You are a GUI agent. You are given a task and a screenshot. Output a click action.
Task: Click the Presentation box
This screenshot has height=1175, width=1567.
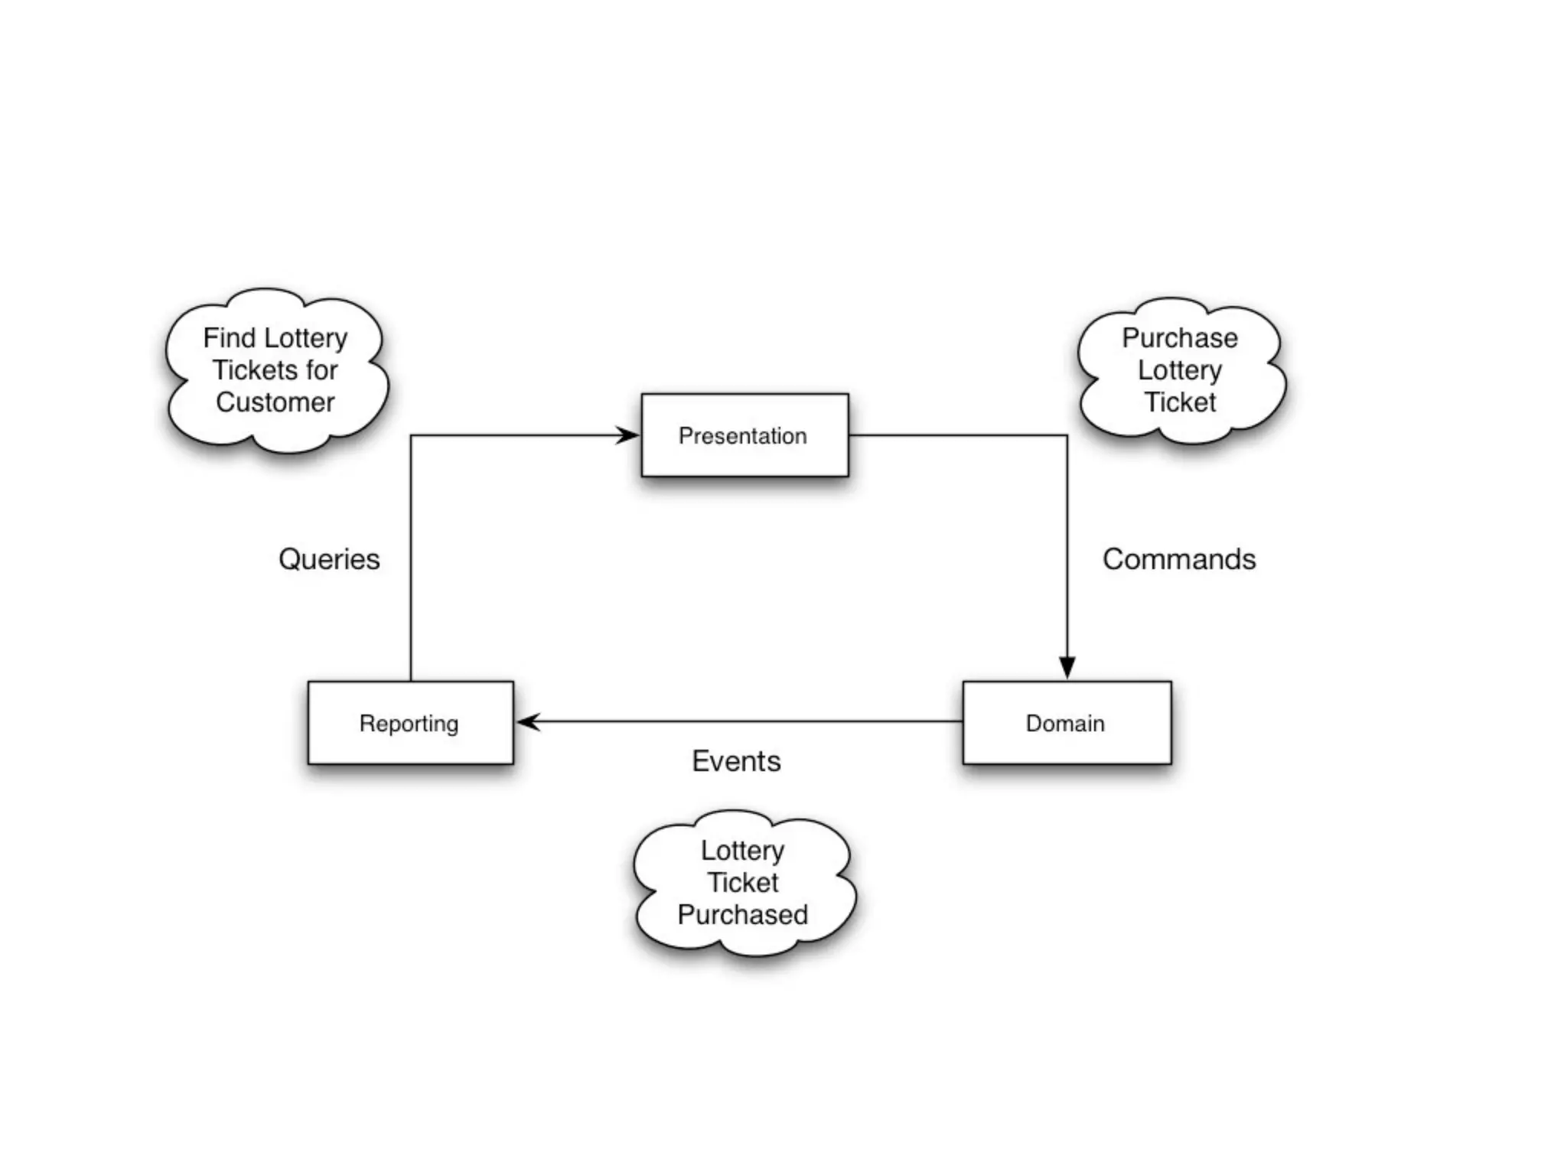(x=744, y=435)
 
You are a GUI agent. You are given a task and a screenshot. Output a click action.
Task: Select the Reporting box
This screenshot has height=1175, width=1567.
(x=410, y=723)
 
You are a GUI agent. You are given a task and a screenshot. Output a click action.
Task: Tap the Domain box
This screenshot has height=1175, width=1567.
(x=1066, y=723)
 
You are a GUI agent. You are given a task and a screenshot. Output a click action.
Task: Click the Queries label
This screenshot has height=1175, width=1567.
(x=329, y=559)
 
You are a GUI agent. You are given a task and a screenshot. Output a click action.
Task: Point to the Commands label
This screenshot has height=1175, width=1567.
(x=1178, y=559)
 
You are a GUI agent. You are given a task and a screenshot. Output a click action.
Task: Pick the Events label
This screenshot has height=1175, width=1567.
(x=736, y=761)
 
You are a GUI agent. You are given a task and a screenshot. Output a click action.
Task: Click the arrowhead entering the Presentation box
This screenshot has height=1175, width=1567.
(x=629, y=435)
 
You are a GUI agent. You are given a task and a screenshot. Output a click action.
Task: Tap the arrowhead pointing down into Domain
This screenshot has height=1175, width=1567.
(x=1067, y=667)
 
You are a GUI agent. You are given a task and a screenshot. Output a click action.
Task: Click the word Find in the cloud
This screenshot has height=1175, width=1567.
(x=229, y=337)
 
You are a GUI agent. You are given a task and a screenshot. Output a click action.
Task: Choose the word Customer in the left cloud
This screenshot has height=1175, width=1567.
(x=275, y=402)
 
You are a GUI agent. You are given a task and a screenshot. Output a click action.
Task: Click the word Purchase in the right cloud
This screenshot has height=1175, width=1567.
(x=1180, y=337)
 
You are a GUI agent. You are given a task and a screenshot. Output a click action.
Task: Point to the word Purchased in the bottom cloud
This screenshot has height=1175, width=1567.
(x=742, y=915)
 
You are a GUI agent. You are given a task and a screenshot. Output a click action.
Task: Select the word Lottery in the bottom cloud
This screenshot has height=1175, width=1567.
(x=742, y=851)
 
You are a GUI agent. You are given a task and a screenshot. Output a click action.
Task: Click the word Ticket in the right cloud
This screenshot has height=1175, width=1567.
(x=1180, y=402)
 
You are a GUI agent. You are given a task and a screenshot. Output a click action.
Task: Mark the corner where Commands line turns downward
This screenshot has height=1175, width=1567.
(x=1067, y=436)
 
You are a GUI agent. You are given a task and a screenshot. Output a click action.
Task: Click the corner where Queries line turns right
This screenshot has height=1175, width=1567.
(x=411, y=436)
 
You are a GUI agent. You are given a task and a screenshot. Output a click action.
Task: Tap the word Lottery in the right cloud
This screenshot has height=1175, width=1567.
(x=1180, y=370)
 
